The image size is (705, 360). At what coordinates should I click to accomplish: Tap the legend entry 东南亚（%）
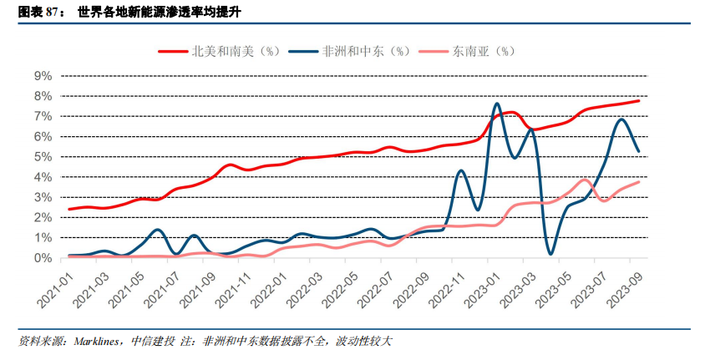481,51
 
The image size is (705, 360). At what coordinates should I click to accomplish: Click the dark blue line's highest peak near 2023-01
496,104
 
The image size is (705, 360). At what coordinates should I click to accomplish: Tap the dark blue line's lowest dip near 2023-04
550,253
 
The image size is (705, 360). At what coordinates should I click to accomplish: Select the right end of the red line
640,101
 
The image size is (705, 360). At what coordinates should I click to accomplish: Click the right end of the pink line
640,182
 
